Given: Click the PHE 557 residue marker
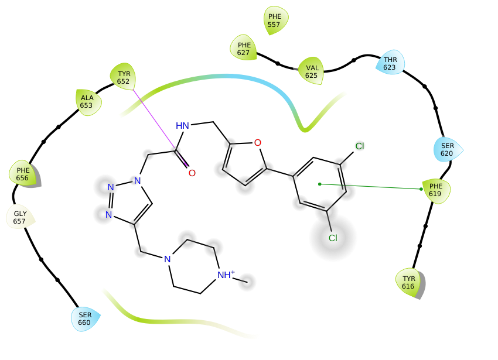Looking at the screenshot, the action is click(x=275, y=20).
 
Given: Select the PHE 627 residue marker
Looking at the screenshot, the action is click(x=244, y=48).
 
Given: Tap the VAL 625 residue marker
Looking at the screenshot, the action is click(x=311, y=71).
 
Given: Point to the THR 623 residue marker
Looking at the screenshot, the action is click(x=390, y=63).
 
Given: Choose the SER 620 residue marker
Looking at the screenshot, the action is click(x=448, y=149).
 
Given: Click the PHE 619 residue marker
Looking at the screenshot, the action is click(x=436, y=190).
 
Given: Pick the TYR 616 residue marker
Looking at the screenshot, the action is click(x=409, y=283).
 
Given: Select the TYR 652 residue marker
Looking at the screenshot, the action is click(x=123, y=77).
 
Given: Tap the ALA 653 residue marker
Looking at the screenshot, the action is click(x=88, y=102).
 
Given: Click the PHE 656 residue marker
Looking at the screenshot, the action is click(x=23, y=173).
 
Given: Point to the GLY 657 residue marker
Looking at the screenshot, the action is click(x=20, y=217).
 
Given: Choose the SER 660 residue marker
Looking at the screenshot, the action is click(x=85, y=318).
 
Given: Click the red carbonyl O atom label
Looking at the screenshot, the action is click(x=192, y=173).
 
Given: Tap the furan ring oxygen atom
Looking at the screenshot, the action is click(x=258, y=143).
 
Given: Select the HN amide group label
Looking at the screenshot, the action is click(x=182, y=126).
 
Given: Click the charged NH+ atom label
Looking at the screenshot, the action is click(x=226, y=275).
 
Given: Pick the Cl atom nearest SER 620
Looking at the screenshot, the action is click(x=360, y=146).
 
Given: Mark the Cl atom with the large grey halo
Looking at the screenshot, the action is click(x=333, y=238).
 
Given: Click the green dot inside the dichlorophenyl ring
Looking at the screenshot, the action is click(x=319, y=184).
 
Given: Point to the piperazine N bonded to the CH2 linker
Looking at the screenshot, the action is click(x=168, y=259).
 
